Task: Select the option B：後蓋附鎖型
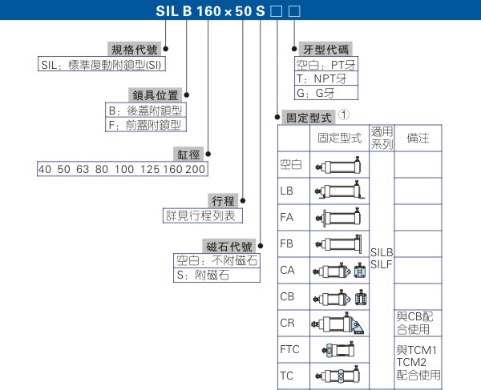(x=145, y=111)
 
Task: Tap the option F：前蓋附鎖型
(x=145, y=125)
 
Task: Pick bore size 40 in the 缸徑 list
(x=45, y=170)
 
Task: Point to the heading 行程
(x=222, y=200)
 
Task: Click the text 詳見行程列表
(x=201, y=215)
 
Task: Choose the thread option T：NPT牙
(x=321, y=79)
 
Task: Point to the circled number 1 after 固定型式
(x=344, y=115)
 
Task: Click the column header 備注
(x=418, y=138)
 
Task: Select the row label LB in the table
(x=287, y=192)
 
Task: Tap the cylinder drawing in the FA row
(x=340, y=217)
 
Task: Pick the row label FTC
(x=290, y=349)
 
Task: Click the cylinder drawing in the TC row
(x=340, y=376)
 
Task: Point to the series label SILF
(x=382, y=263)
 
